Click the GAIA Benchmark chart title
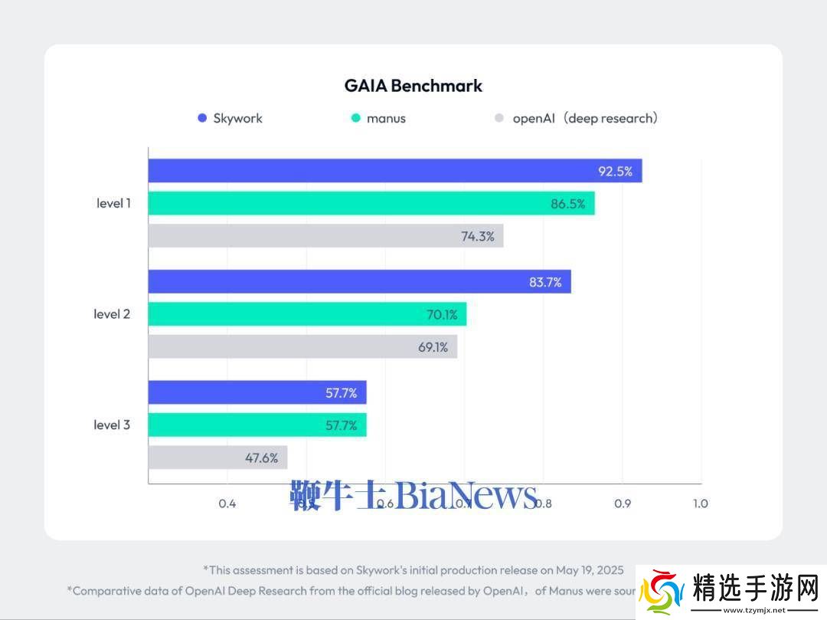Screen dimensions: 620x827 pos(413,85)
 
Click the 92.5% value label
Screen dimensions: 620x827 pos(615,171)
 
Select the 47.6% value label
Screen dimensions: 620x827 pos(261,458)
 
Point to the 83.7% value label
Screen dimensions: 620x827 pos(545,281)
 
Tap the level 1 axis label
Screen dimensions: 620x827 pos(113,203)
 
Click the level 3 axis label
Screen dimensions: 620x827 pos(112,425)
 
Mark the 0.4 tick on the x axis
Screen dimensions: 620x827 pos(227,504)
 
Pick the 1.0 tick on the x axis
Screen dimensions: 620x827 pos(700,504)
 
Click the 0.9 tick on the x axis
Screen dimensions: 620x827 pos(622,504)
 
